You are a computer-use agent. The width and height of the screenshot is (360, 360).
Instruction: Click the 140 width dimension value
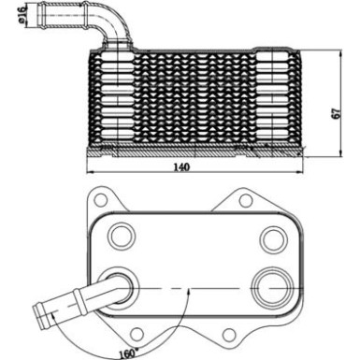tap(180, 167)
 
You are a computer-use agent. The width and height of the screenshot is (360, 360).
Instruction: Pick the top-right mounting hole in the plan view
tap(245, 198)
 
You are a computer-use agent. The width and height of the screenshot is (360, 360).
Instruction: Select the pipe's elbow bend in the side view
tap(116, 24)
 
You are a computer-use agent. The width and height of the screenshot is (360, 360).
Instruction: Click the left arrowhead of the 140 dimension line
tap(89, 172)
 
